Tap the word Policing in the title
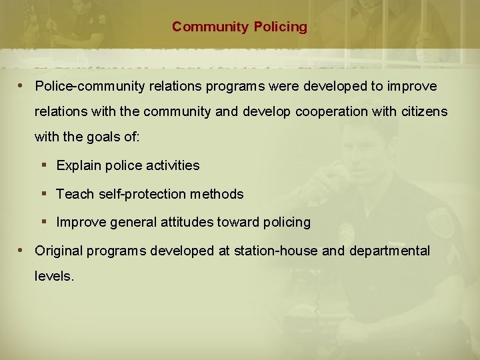(280, 27)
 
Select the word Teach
(73, 194)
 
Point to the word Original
(58, 251)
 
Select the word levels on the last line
(53, 275)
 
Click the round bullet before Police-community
(22, 86)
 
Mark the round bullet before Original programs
(22, 251)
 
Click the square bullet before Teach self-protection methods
(43, 194)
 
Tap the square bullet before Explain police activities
(43, 165)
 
